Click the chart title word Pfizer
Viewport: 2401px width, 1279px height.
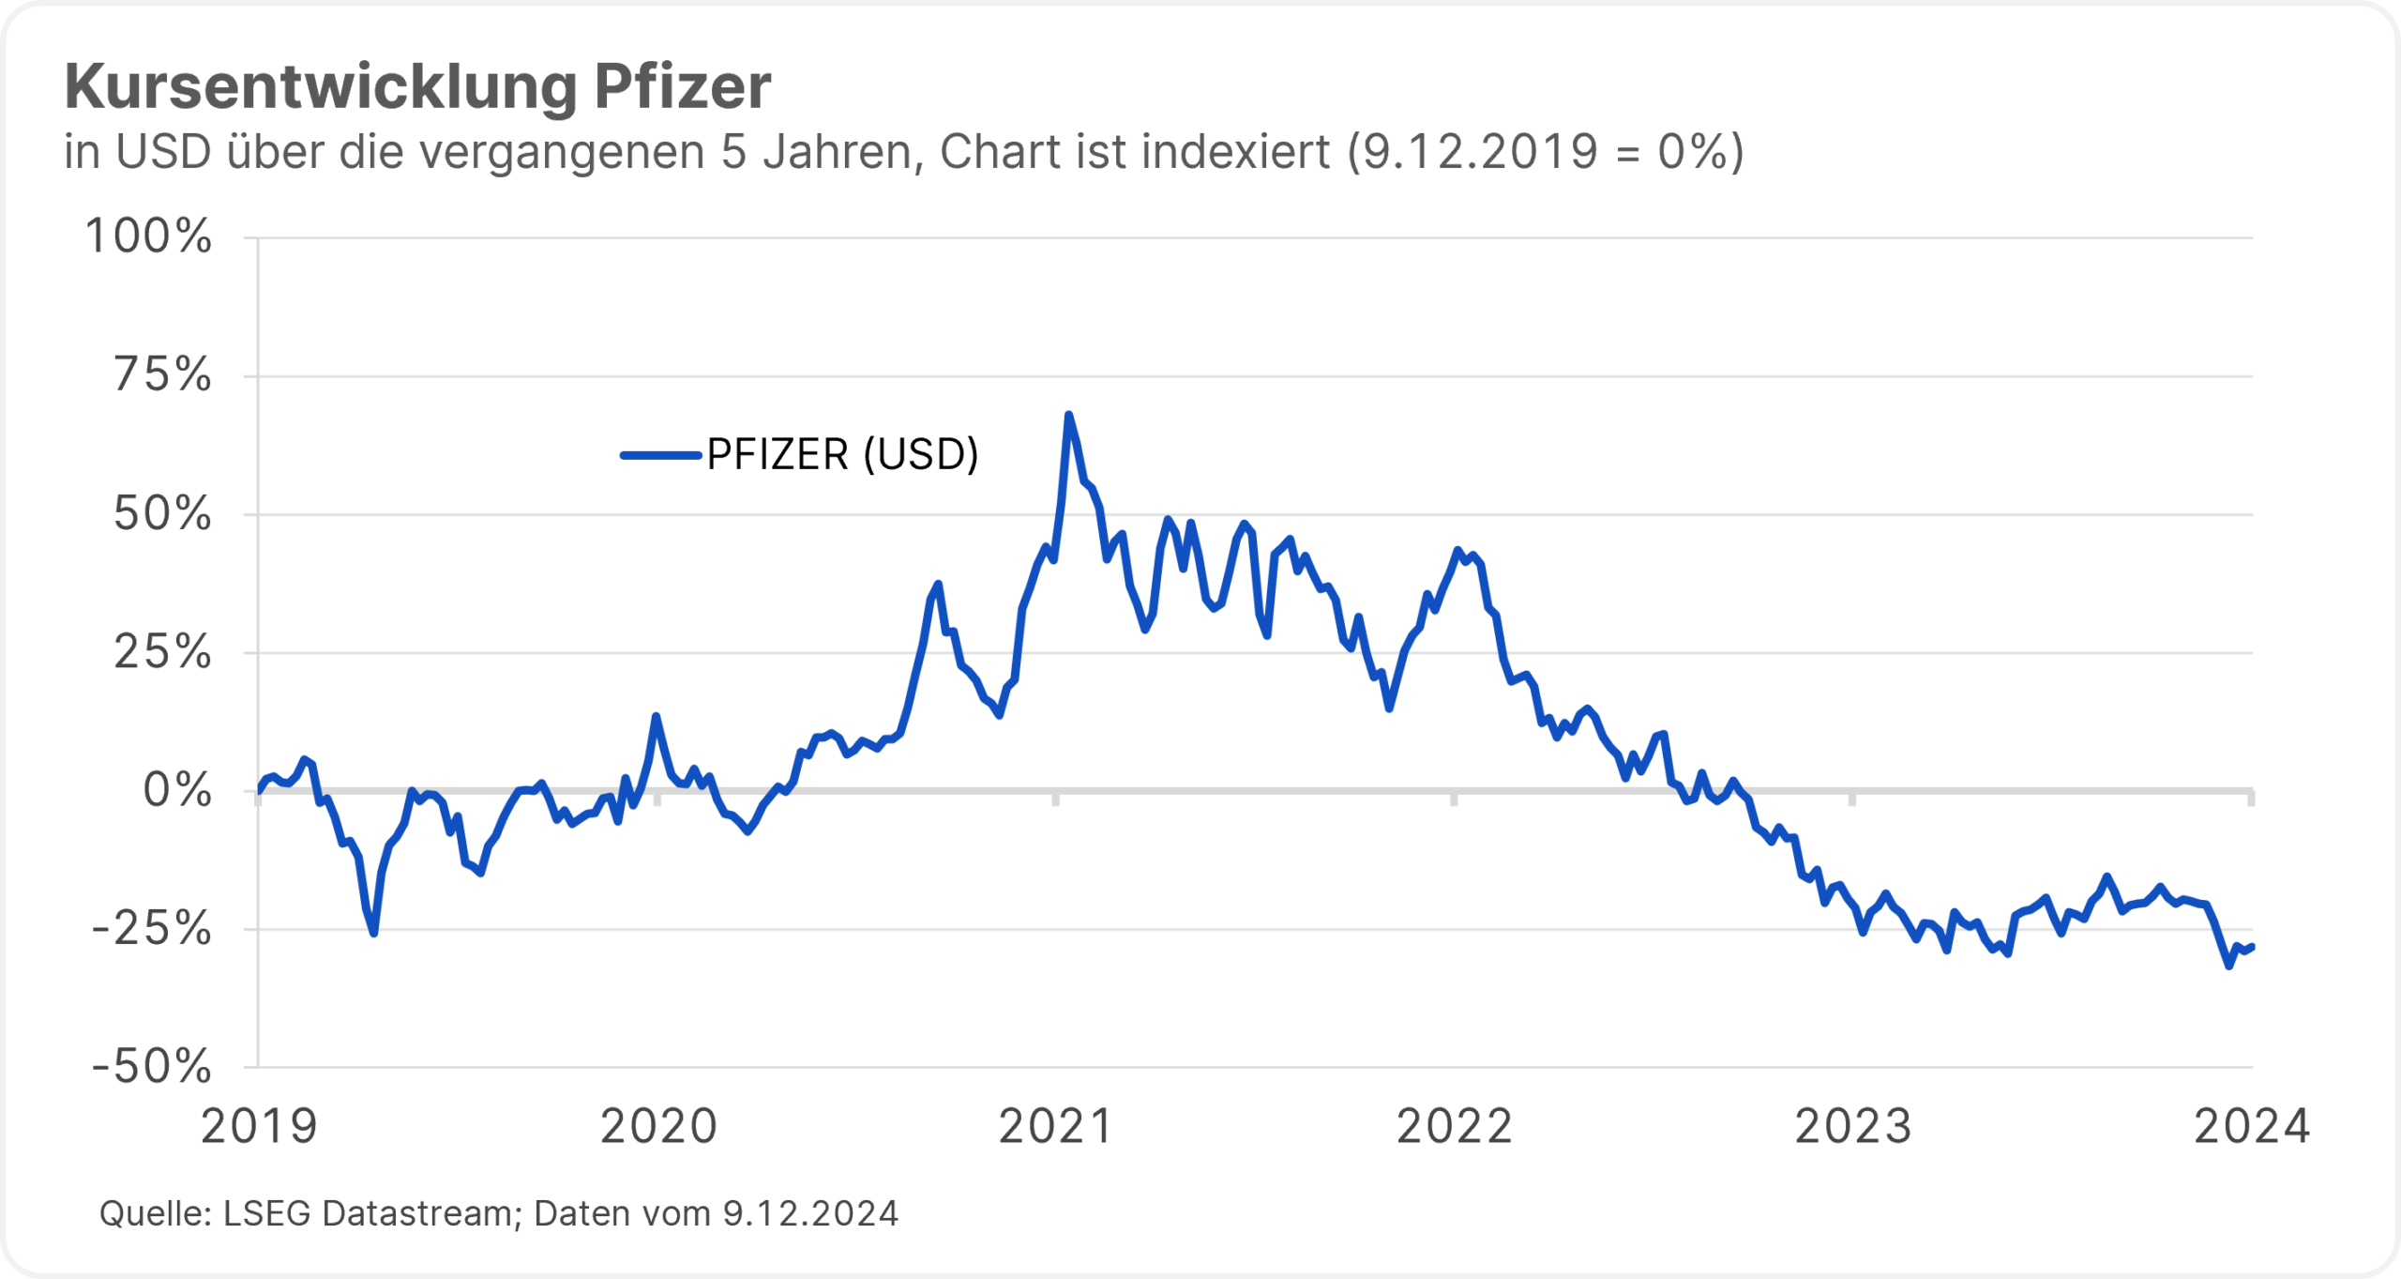[x=682, y=87]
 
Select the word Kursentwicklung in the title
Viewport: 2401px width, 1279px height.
[x=320, y=87]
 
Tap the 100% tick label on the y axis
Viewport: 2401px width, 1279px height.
[x=148, y=236]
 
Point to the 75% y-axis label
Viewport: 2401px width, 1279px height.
[x=162, y=375]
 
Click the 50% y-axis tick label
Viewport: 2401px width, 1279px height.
[x=162, y=514]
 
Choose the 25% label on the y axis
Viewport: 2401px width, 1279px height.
[x=162, y=652]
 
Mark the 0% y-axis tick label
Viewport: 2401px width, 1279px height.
[x=176, y=791]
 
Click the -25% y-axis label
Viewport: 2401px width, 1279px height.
[x=151, y=929]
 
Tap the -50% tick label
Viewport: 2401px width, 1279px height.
[x=151, y=1067]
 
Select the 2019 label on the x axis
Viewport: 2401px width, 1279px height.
[x=260, y=1127]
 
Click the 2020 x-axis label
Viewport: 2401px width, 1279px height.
[x=658, y=1127]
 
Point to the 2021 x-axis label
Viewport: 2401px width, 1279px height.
[x=1056, y=1127]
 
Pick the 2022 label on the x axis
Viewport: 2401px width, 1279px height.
[x=1455, y=1127]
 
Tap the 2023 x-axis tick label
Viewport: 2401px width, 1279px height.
[x=1853, y=1127]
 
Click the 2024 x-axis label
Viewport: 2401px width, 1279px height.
[x=2251, y=1127]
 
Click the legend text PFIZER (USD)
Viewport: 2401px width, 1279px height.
[x=842, y=455]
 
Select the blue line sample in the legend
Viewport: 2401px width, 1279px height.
[x=660, y=456]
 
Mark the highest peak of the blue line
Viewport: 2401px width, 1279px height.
[x=1068, y=415]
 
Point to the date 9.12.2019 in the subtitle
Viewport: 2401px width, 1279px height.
[x=1479, y=152]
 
